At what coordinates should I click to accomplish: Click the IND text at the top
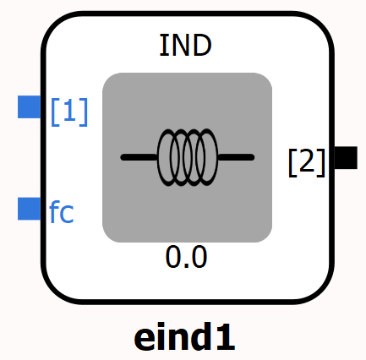click(185, 46)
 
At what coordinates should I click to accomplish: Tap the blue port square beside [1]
click(30, 106)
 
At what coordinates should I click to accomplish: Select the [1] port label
click(69, 112)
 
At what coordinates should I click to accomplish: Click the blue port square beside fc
click(30, 209)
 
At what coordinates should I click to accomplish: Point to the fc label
click(62, 212)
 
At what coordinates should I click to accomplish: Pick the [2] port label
click(307, 163)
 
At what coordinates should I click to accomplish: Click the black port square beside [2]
click(346, 158)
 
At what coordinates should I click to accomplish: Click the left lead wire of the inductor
click(139, 157)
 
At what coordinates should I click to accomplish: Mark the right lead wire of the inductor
click(236, 157)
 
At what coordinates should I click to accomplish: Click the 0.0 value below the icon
click(186, 257)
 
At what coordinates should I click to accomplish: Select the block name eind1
click(184, 337)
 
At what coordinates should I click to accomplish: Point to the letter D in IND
click(202, 46)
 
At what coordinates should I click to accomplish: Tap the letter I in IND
click(161, 46)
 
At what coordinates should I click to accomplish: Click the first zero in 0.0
click(173, 257)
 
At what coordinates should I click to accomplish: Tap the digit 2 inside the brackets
click(307, 161)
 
